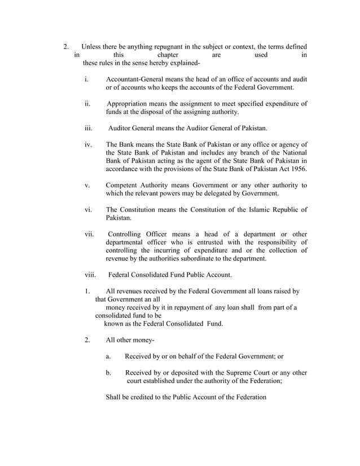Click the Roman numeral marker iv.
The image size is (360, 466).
pos(88,144)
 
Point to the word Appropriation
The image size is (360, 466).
pos(129,104)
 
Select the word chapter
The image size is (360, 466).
pos(168,55)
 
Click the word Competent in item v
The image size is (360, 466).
pos(123,185)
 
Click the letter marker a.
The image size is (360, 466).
pos(108,357)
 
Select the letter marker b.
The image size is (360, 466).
pos(108,373)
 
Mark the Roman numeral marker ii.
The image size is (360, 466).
pos(87,104)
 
